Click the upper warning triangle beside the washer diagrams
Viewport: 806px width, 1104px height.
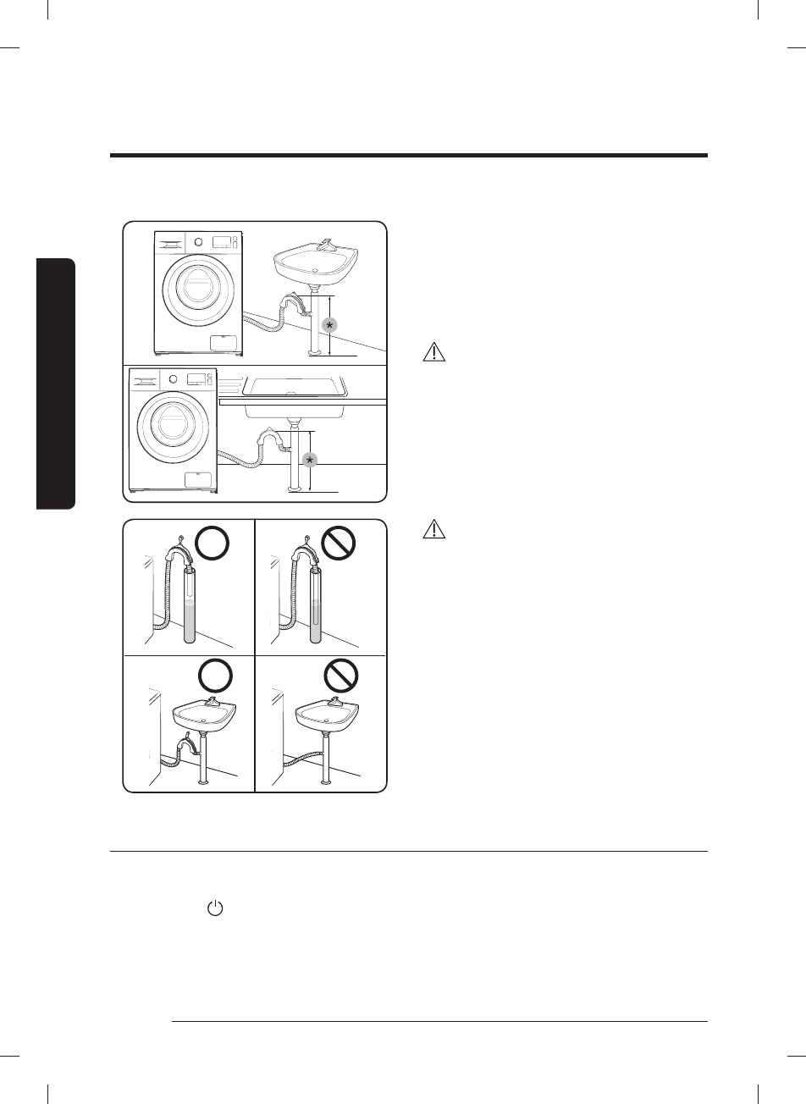(433, 353)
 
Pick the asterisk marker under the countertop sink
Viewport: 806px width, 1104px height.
(309, 459)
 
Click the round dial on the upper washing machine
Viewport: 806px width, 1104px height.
(198, 240)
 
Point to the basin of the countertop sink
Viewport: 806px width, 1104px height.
(295, 387)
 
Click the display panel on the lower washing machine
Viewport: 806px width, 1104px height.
(196, 379)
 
